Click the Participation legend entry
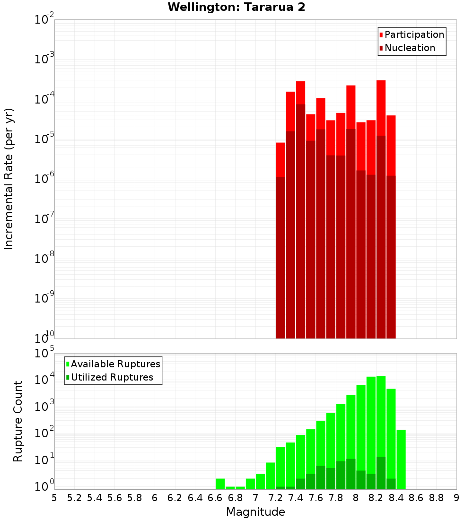point(414,35)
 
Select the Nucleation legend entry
point(410,48)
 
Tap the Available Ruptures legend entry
point(115,364)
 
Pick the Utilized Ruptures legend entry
point(112,377)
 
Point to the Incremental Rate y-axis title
point(9,179)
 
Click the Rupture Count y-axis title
point(18,421)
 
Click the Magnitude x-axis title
point(255,512)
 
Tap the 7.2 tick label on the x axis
point(275,498)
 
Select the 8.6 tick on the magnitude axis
point(416,498)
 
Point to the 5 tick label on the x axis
point(54,498)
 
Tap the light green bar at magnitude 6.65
point(220,484)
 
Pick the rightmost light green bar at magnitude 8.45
point(401,459)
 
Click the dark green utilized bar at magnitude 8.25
point(381,473)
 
